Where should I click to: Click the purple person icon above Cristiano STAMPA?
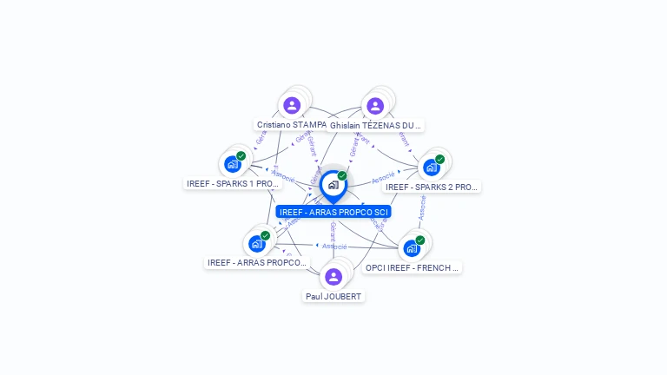click(x=292, y=106)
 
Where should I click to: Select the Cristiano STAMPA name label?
click(x=292, y=125)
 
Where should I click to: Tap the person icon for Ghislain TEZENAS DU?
click(x=375, y=106)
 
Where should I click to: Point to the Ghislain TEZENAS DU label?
click(x=376, y=125)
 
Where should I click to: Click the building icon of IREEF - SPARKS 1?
click(x=232, y=164)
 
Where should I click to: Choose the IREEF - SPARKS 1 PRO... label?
click(x=233, y=184)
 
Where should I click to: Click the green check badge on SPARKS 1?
click(x=241, y=156)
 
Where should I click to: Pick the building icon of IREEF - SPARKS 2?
click(x=431, y=167)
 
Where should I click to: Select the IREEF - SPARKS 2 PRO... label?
click(x=432, y=187)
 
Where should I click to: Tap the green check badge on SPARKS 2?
click(x=440, y=159)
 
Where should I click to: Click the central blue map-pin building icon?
click(x=333, y=185)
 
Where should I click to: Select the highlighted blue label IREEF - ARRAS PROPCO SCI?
click(x=333, y=212)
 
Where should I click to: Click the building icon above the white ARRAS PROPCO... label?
click(x=256, y=243)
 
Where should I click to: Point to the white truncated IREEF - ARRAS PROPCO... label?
click(x=257, y=262)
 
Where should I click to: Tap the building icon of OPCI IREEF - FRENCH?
click(x=412, y=248)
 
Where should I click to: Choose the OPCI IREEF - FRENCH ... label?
click(x=412, y=267)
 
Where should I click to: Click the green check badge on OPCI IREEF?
click(x=420, y=240)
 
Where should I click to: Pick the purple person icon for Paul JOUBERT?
click(x=333, y=277)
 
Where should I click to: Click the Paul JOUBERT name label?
click(x=333, y=296)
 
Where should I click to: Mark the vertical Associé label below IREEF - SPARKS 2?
click(x=422, y=208)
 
